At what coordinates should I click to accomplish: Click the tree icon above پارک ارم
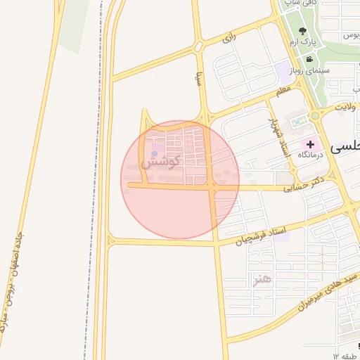[302, 31]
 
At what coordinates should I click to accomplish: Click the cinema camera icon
[310, 59]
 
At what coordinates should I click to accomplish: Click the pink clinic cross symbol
[310, 143]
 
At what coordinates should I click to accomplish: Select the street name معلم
[282, 91]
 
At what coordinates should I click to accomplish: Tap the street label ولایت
[347, 107]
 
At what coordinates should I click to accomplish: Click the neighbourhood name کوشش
[161, 161]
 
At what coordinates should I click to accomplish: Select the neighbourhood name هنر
[262, 280]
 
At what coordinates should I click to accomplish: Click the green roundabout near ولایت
[315, 115]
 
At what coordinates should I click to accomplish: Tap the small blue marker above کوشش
[154, 153]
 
